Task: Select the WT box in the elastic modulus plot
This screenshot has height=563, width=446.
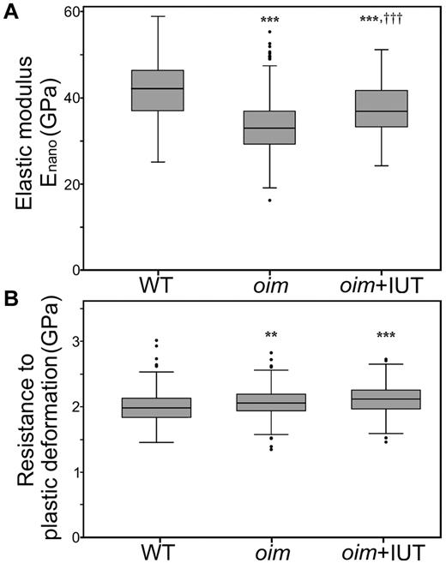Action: [157, 90]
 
